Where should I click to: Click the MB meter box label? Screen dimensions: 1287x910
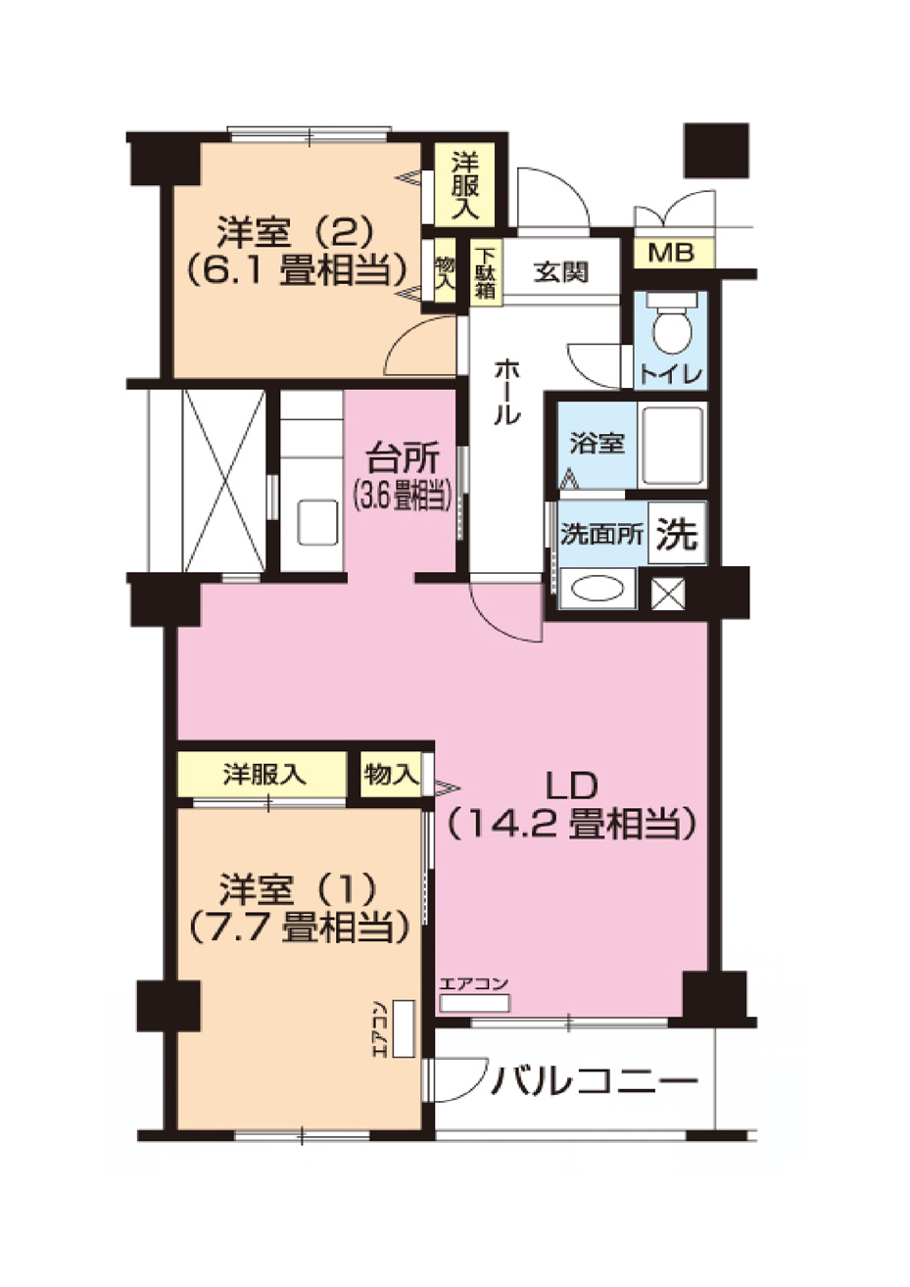pyautogui.click(x=671, y=254)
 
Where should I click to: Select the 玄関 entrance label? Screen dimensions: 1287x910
pyautogui.click(x=561, y=272)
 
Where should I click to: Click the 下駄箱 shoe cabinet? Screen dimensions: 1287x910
pyautogui.click(x=485, y=271)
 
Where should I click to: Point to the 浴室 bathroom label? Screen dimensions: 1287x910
pyautogui.click(x=597, y=443)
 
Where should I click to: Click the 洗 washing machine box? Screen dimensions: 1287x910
pyautogui.click(x=676, y=534)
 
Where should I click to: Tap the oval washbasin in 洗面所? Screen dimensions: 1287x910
pyautogui.click(x=598, y=590)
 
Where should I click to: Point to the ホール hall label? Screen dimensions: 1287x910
pyautogui.click(x=506, y=391)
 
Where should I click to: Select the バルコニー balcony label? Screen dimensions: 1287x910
pyautogui.click(x=596, y=1081)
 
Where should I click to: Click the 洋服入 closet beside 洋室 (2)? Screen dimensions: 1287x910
pyautogui.click(x=465, y=184)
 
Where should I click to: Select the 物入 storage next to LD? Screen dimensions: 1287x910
pyautogui.click(x=391, y=775)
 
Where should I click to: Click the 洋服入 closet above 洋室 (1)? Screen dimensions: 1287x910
pyautogui.click(x=263, y=775)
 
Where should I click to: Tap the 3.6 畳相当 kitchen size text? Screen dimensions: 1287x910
pyautogui.click(x=403, y=498)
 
